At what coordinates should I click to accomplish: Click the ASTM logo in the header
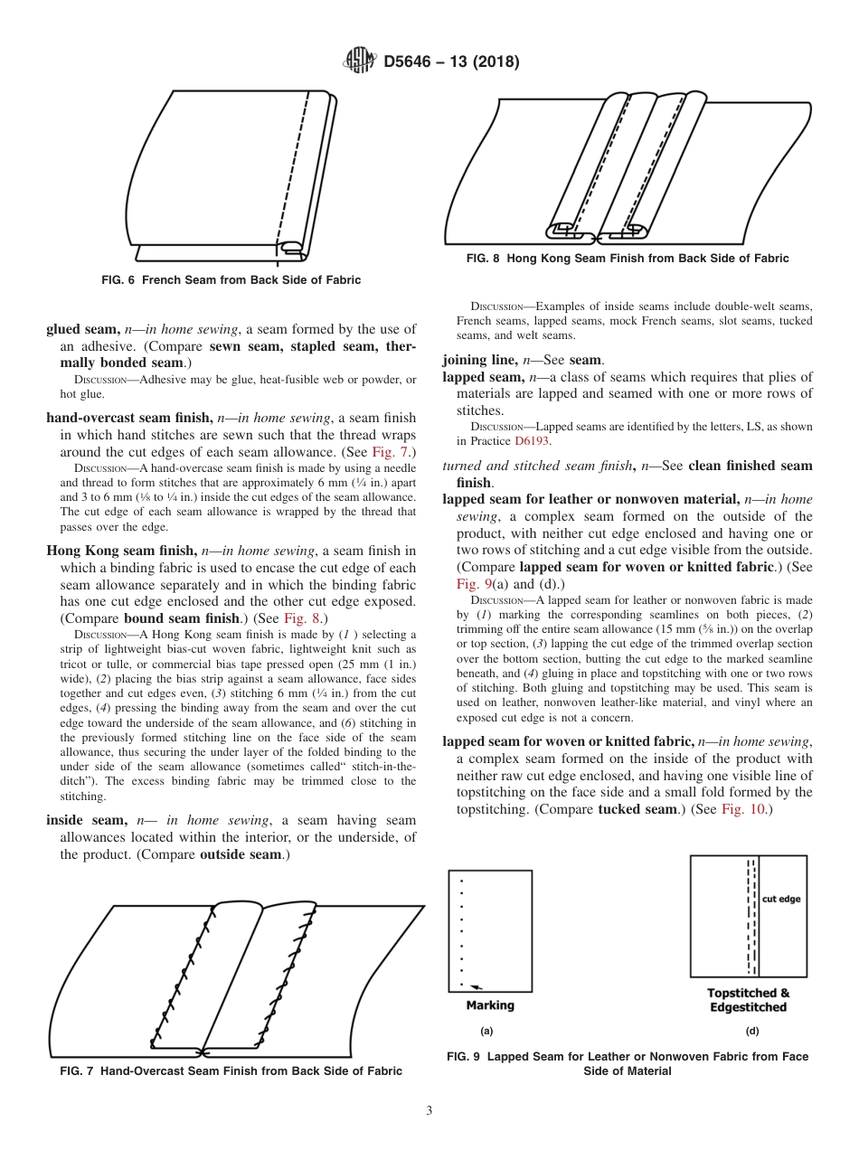tap(361, 62)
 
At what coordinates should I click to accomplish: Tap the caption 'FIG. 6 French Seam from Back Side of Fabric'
tap(231, 280)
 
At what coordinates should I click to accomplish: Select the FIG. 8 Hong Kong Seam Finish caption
tap(627, 259)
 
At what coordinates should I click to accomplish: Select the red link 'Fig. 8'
tap(302, 617)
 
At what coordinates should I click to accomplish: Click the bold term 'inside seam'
tap(86, 820)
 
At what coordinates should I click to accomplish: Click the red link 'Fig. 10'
tap(741, 808)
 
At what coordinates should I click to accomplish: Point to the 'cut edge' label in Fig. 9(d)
tap(781, 899)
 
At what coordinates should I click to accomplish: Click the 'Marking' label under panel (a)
tap(489, 1005)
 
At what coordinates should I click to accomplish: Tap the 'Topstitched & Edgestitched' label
tap(748, 1000)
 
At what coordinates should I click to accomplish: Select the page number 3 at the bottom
tap(429, 1111)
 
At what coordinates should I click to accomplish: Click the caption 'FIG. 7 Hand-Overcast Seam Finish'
tap(231, 1071)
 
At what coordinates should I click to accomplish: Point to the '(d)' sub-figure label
tap(751, 1031)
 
